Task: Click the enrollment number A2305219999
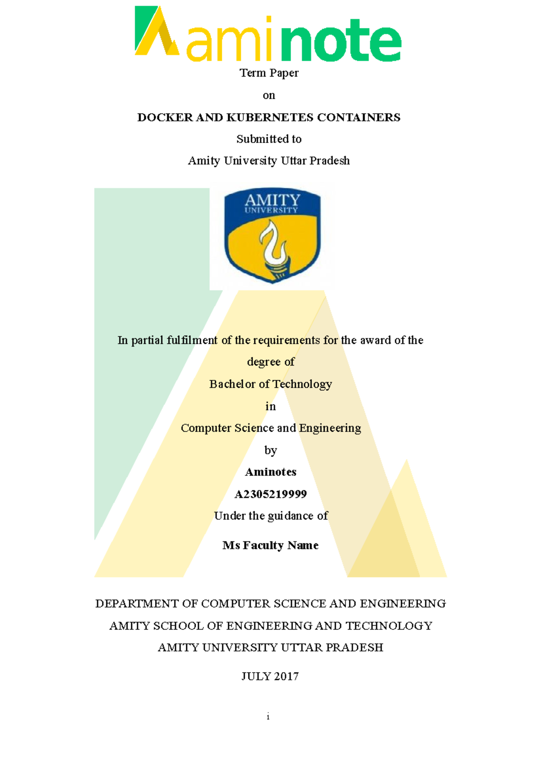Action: (x=270, y=494)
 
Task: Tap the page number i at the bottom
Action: (x=268, y=716)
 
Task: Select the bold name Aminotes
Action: (x=270, y=472)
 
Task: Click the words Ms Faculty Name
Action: (x=270, y=545)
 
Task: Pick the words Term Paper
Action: (x=269, y=73)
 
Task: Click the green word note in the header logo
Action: (x=341, y=41)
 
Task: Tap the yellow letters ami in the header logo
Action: (x=229, y=43)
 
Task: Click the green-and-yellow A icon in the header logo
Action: (x=156, y=32)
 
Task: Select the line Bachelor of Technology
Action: (x=270, y=384)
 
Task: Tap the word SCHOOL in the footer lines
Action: (x=178, y=626)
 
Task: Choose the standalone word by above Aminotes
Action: (x=270, y=450)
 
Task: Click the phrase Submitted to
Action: (x=269, y=139)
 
